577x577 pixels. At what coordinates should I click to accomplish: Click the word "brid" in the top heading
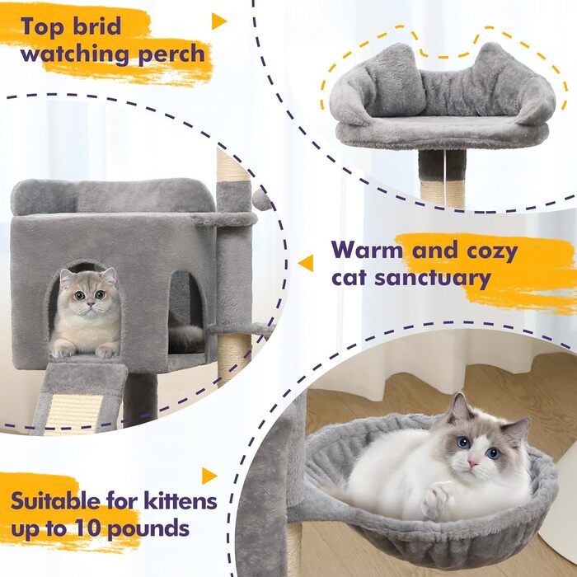tap(97, 26)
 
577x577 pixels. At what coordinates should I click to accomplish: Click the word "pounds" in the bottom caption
tap(148, 529)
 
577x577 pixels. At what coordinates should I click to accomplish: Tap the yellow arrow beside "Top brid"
tap(218, 21)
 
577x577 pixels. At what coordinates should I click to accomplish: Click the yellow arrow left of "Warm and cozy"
tap(306, 263)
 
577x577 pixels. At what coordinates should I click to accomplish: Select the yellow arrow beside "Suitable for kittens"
tap(209, 476)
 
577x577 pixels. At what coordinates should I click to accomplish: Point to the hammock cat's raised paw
tap(437, 498)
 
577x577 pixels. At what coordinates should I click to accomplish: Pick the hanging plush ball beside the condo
tap(261, 199)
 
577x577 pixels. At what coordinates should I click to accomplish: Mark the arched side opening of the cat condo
tap(185, 312)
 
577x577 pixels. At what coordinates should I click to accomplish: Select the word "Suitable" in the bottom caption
tap(55, 500)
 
